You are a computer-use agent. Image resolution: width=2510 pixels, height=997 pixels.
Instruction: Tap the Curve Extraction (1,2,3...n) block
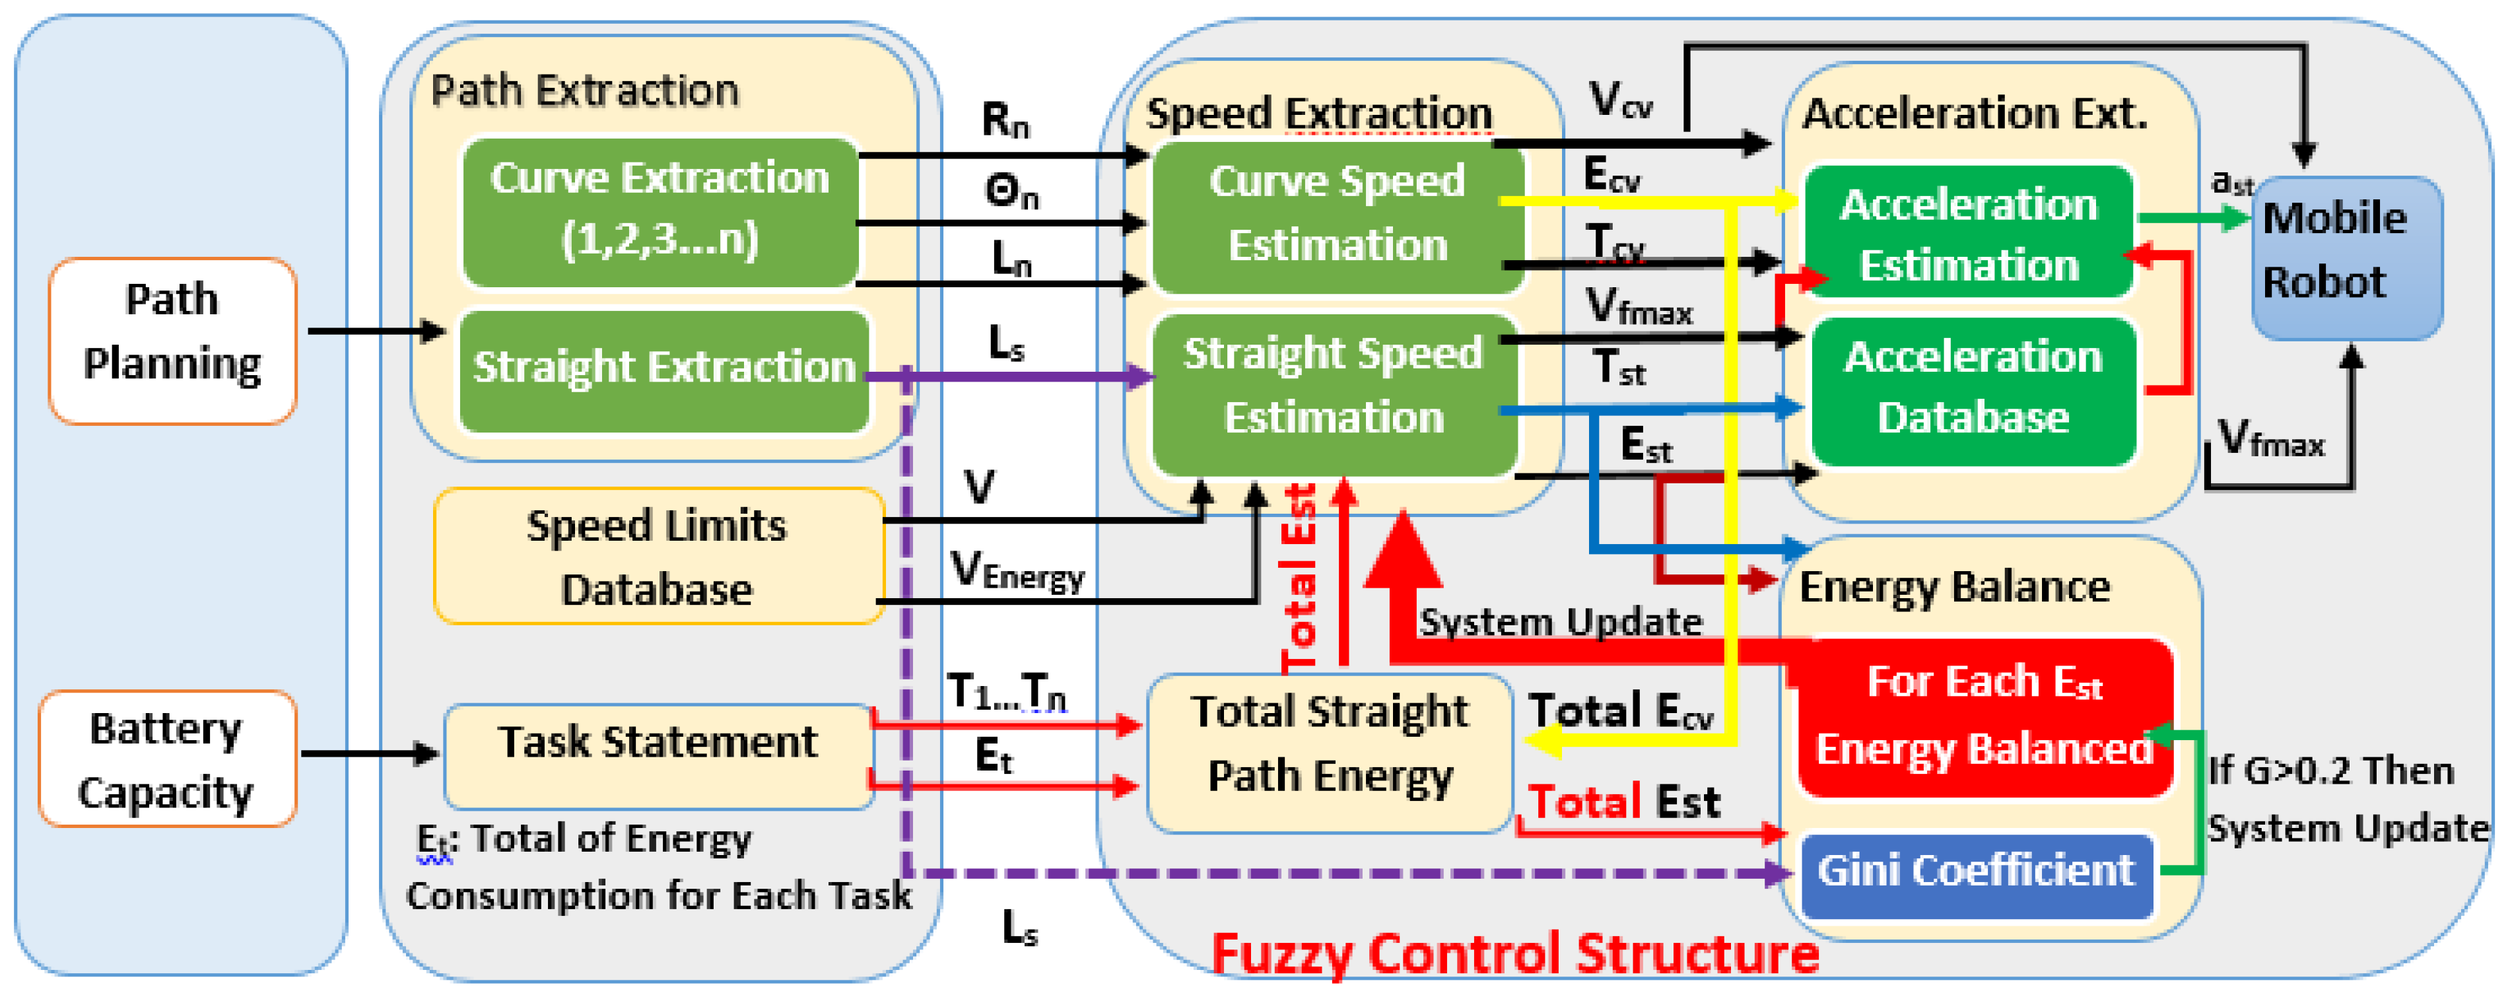660,211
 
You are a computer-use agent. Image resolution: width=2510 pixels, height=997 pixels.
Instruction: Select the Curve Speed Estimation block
1336,215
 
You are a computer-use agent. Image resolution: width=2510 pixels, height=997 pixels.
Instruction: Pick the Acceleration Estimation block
1968,234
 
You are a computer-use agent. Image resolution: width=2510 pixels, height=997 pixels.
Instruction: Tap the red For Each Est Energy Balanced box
1984,717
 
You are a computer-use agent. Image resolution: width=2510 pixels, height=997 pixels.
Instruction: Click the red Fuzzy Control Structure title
1514,953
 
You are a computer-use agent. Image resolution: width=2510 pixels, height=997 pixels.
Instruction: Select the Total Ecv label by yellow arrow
1619,712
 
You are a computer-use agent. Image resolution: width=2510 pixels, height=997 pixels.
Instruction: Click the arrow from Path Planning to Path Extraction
375,331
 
